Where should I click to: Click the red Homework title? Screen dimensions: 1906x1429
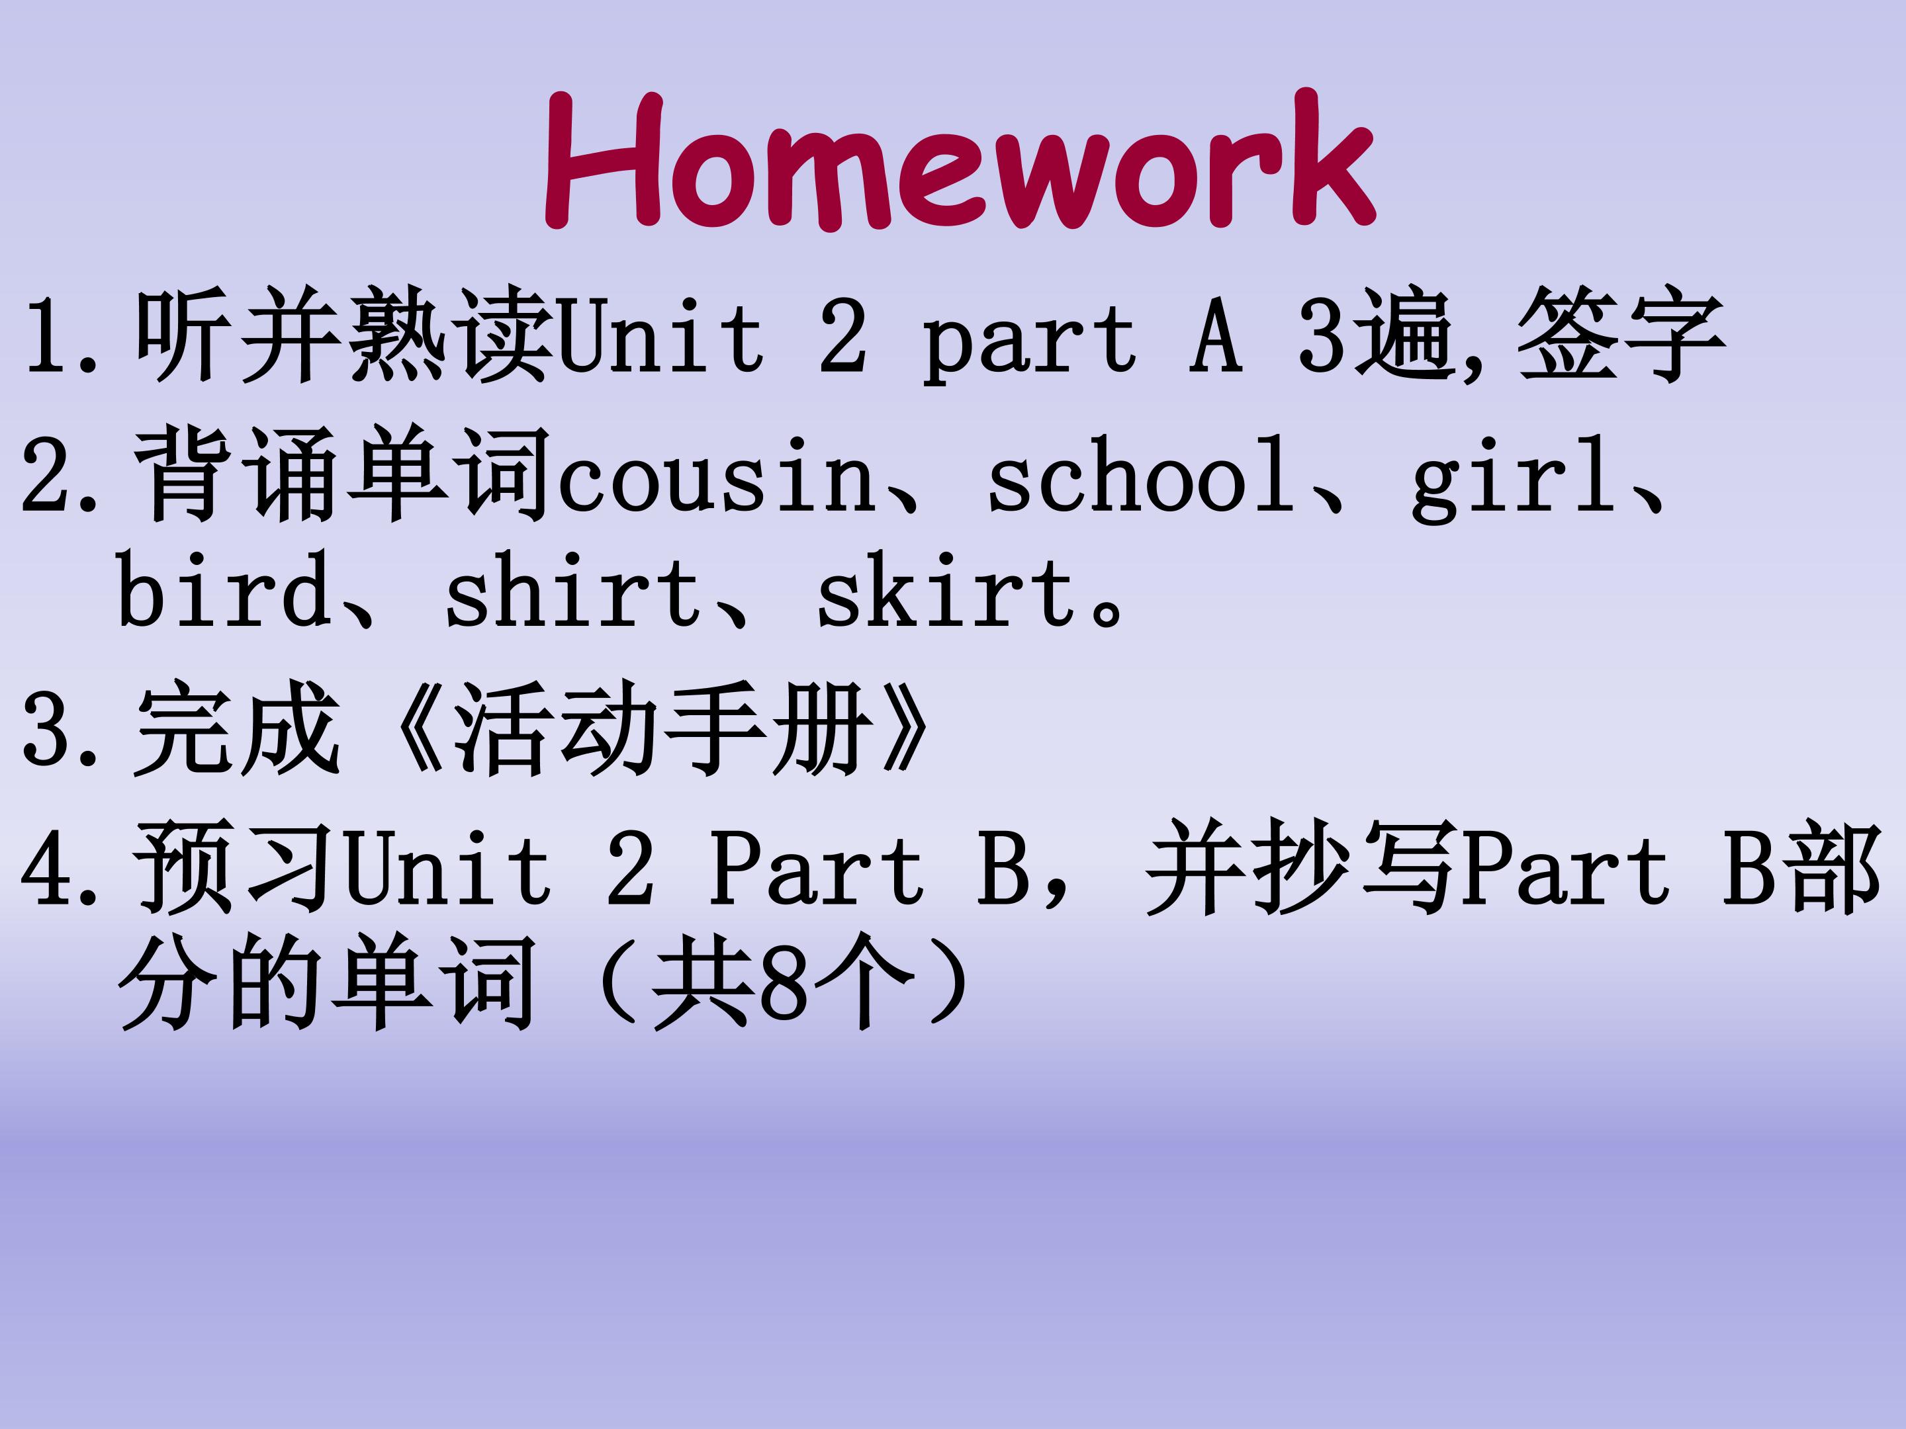[959, 160]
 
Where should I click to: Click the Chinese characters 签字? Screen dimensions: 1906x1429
[1621, 333]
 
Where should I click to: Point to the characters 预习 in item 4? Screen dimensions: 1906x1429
[237, 867]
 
